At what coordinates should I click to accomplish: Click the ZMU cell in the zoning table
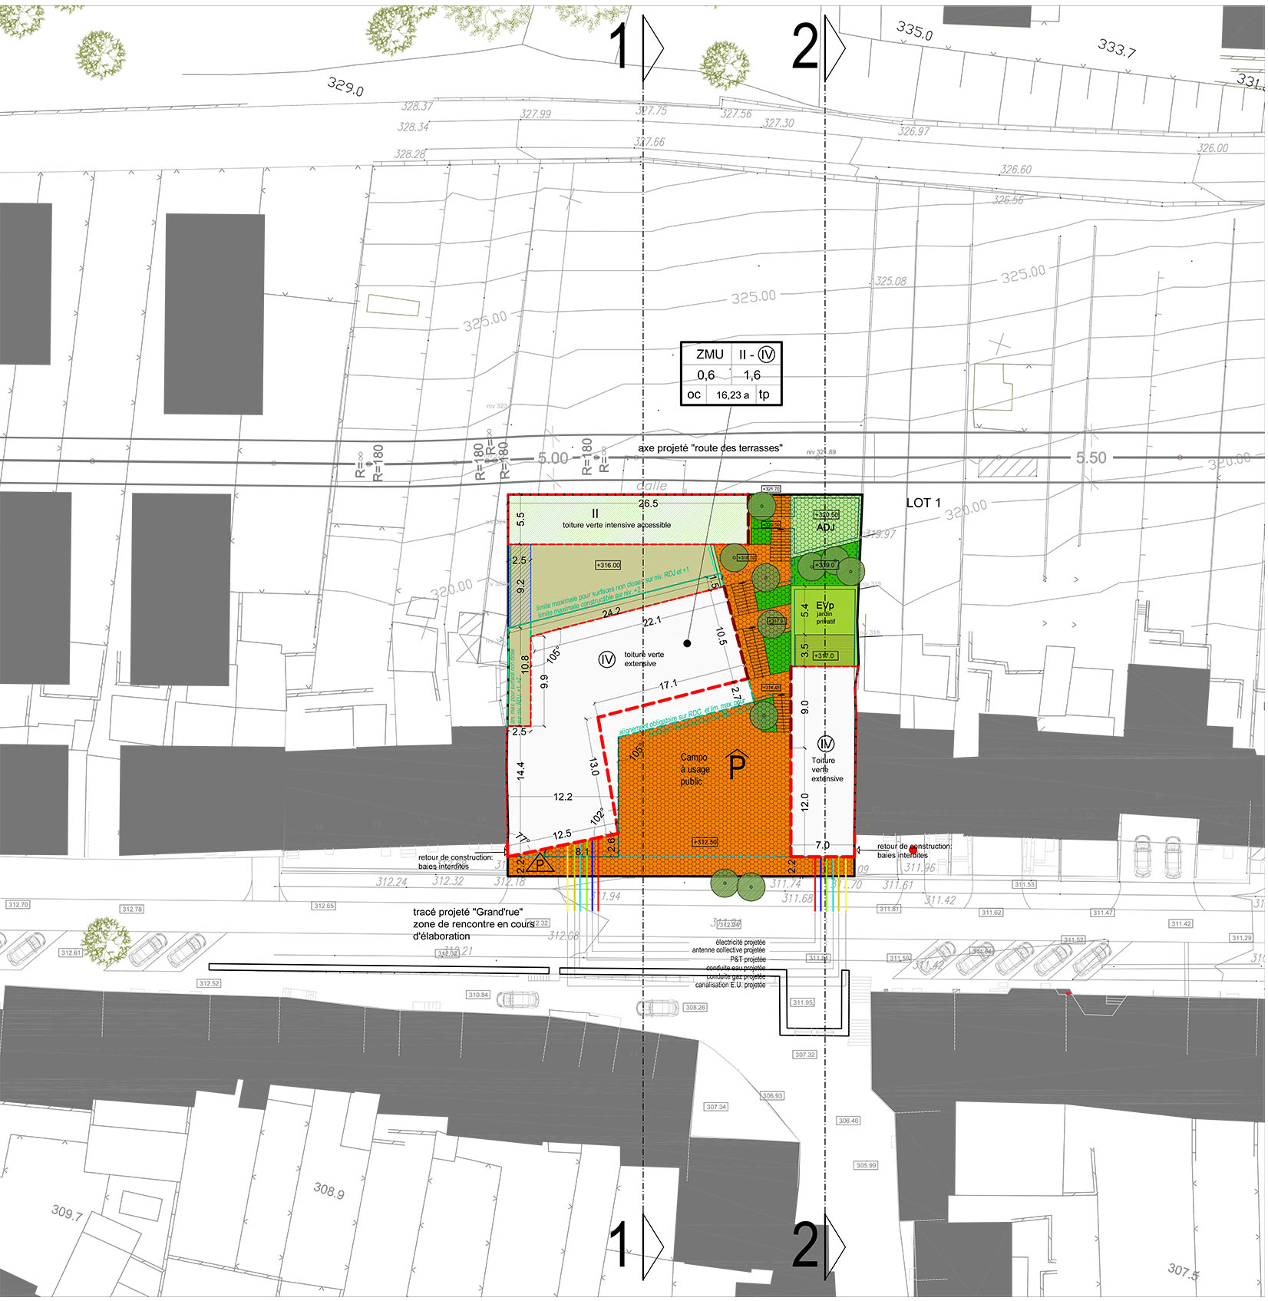tap(709, 355)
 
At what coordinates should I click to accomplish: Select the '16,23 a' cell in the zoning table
tap(732, 395)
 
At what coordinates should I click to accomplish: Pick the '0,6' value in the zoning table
tap(705, 375)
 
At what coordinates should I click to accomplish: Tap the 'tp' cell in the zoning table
tap(764, 395)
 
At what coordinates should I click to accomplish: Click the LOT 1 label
tap(923, 503)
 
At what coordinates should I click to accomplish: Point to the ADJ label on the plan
tap(825, 527)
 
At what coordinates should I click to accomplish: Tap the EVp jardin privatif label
tap(825, 612)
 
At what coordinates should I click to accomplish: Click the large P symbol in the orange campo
tap(736, 765)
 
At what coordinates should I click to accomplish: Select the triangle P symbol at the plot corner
tap(540, 864)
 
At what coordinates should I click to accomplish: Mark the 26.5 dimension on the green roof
tap(648, 504)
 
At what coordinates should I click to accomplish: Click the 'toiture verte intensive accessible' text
tap(616, 525)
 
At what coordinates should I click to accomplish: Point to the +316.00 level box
tap(608, 566)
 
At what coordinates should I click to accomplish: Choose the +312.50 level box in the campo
tap(705, 842)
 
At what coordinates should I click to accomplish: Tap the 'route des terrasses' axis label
tap(710, 448)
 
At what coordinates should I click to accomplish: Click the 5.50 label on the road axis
tap(1091, 458)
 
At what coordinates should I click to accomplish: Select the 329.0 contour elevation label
tap(345, 86)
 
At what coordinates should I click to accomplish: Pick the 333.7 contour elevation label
tap(1116, 48)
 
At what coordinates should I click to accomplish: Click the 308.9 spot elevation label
tap(329, 1190)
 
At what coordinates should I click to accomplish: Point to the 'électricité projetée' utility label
tap(740, 943)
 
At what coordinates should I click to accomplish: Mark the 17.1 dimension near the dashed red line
tap(668, 685)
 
